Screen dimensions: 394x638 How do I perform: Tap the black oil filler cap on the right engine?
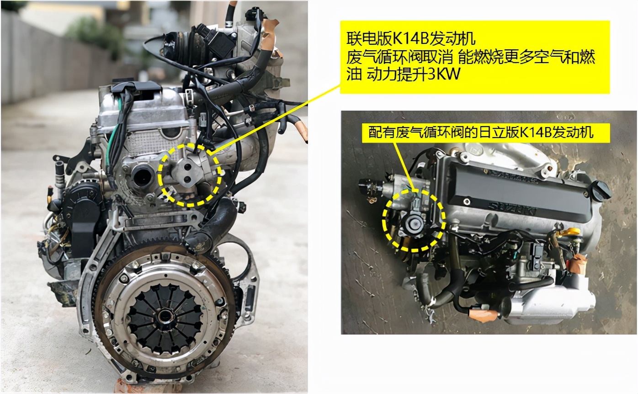pos(599,190)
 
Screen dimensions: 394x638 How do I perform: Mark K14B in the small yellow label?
pos(538,133)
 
